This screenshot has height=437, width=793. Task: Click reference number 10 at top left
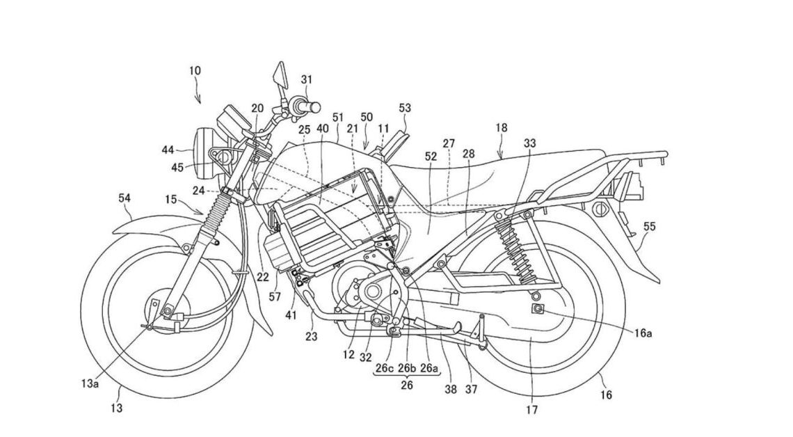pyautogui.click(x=195, y=70)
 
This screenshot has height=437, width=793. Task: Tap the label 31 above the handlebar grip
pyautogui.click(x=307, y=79)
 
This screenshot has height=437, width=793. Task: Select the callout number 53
pyautogui.click(x=405, y=108)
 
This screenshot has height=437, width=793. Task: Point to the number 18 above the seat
pyautogui.click(x=502, y=128)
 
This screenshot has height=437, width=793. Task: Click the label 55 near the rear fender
pyautogui.click(x=650, y=226)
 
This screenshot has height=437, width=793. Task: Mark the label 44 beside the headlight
pyautogui.click(x=169, y=150)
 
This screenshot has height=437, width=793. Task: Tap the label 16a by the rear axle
pyautogui.click(x=643, y=334)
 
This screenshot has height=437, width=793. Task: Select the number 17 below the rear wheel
pyautogui.click(x=532, y=410)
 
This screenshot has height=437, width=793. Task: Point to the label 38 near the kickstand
pyautogui.click(x=451, y=390)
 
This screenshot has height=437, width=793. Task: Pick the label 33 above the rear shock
pyautogui.click(x=530, y=143)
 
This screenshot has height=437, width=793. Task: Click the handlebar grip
pyautogui.click(x=309, y=106)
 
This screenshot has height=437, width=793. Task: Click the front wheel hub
pyautogui.click(x=154, y=307)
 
